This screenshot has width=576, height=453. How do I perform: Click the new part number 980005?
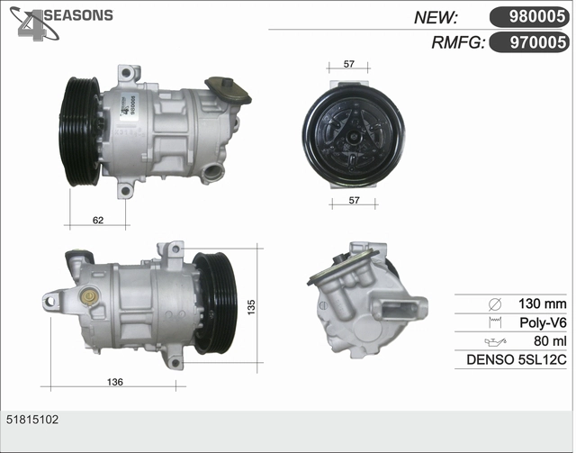pyautogui.click(x=536, y=16)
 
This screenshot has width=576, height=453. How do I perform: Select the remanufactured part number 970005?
pyautogui.click(x=538, y=42)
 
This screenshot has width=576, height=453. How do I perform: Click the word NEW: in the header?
pyautogui.click(x=436, y=17)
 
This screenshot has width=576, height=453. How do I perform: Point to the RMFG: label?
pyautogui.click(x=458, y=42)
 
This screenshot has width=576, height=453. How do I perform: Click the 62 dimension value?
pyautogui.click(x=98, y=220)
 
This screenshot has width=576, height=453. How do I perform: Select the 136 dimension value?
pyautogui.click(x=115, y=382)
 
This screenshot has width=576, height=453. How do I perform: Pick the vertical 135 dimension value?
pyautogui.click(x=251, y=307)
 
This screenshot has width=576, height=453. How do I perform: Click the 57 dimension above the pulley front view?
pyautogui.click(x=348, y=64)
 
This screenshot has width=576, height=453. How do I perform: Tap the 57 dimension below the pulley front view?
pyautogui.click(x=354, y=201)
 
